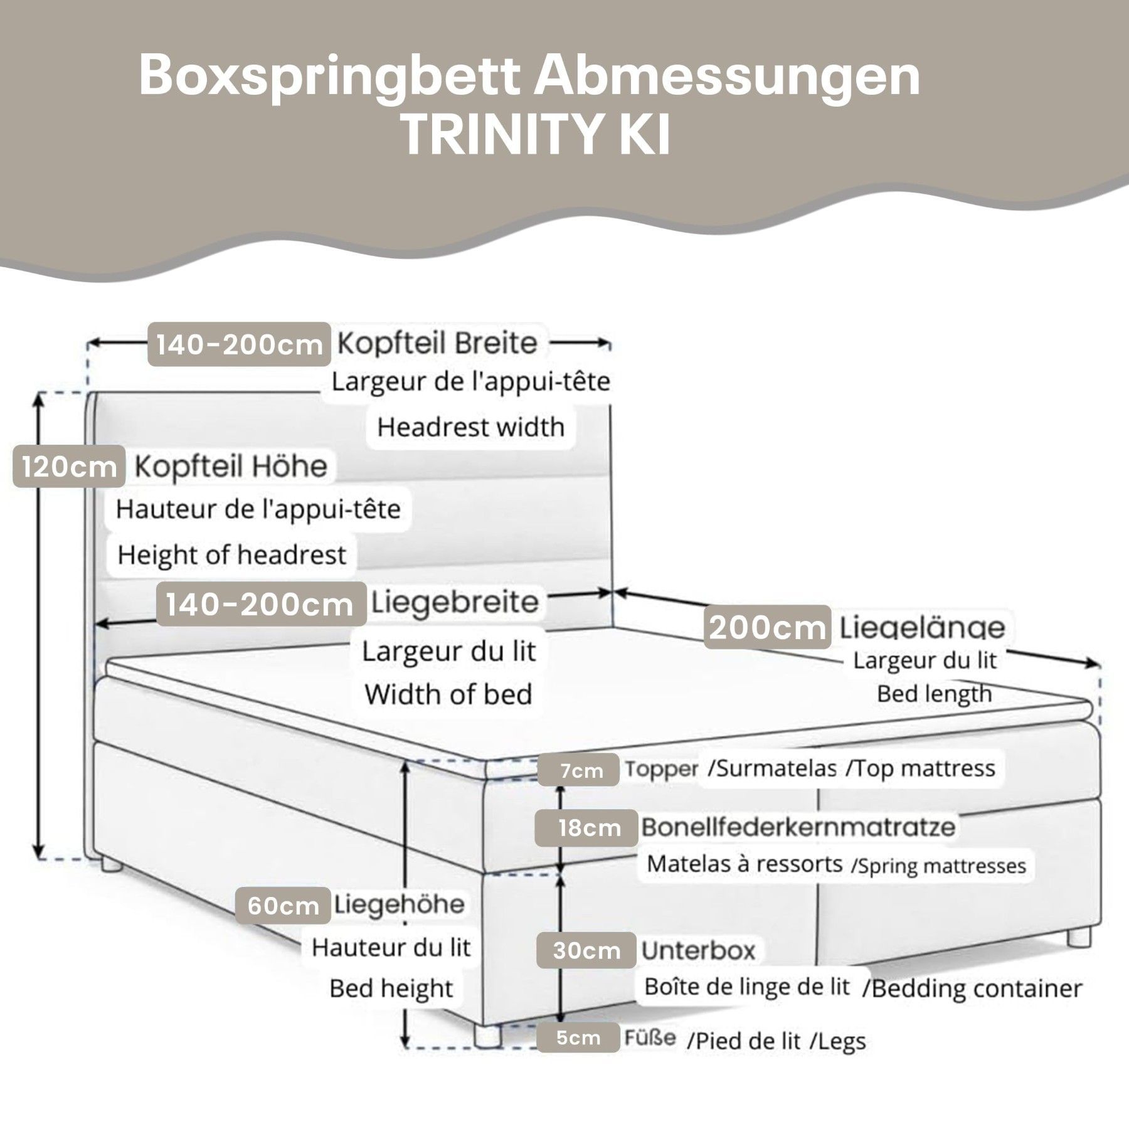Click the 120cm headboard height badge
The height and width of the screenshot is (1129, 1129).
[x=69, y=466]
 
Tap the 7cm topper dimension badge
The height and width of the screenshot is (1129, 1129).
[x=581, y=770]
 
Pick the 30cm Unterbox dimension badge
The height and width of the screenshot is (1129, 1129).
[x=586, y=951]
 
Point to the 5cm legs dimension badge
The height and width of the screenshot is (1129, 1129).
[x=578, y=1038]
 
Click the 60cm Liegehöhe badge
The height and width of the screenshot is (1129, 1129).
[x=283, y=906]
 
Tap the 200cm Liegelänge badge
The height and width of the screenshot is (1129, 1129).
[x=767, y=627]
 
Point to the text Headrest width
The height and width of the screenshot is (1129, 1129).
[x=470, y=427]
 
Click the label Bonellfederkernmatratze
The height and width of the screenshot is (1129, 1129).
[x=798, y=827]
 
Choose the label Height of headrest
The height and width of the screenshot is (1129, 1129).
[x=231, y=555]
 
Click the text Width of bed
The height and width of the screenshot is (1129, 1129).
[x=448, y=694]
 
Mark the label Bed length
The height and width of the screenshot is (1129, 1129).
[x=934, y=694]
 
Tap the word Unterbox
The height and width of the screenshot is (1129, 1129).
[x=698, y=951]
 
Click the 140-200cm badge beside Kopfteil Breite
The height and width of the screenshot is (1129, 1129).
[x=239, y=344]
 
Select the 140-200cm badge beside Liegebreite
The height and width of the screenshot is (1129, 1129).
[x=260, y=605]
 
